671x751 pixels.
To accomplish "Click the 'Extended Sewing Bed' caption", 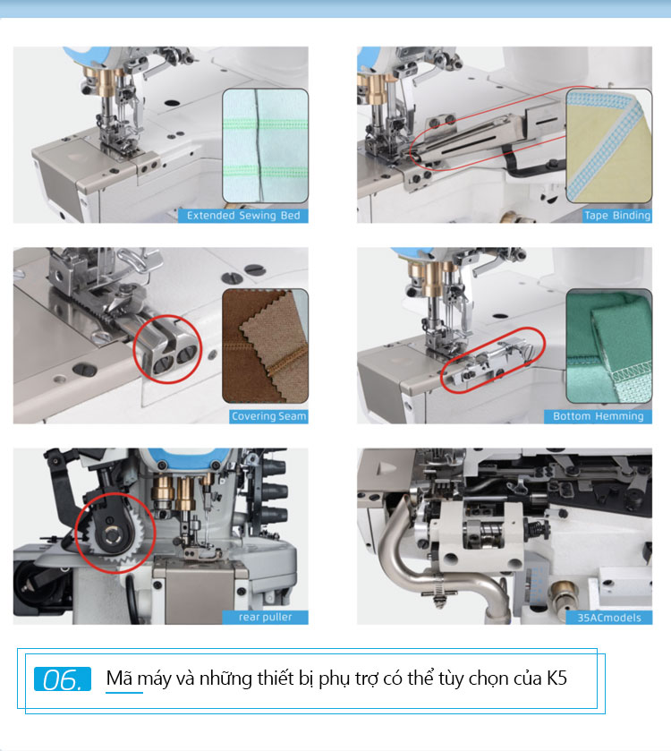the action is pos(243,216).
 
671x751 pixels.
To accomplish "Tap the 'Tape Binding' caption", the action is pos(617,216).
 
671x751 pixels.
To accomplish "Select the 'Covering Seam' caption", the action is pos(268,416).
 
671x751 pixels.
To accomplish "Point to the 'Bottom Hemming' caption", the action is pos(599,416).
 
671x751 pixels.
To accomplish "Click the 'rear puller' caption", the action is pos(265,617).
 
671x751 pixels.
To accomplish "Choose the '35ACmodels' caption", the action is pos(608,618).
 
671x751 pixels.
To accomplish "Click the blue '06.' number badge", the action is pos(63,679).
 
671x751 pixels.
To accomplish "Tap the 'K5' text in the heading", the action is pos(557,678).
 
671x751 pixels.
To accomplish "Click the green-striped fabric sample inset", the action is pos(265,146).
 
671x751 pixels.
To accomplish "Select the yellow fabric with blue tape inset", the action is pos(608,146).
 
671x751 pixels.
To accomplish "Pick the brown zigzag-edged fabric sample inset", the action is pos(265,346).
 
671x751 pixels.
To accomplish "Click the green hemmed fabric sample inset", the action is pos(608,346).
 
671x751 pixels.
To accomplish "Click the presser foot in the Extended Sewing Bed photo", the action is pos(121,144).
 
